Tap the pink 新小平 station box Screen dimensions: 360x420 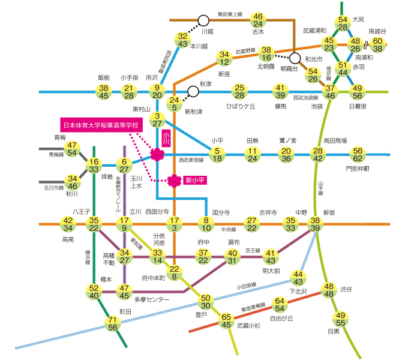[x=194, y=179]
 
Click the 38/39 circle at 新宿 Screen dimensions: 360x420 [x=316, y=224]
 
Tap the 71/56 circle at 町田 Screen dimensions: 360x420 [x=112, y=323]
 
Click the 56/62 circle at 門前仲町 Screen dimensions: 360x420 [x=358, y=155]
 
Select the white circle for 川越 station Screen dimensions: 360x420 [x=203, y=20]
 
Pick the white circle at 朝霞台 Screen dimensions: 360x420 [x=295, y=59]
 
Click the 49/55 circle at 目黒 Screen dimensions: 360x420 [x=341, y=319]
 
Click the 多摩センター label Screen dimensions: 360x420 [x=152, y=299]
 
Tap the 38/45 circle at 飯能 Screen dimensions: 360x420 [x=104, y=92]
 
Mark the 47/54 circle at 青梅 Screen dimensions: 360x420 [x=72, y=149]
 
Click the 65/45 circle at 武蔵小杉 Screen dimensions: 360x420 [x=227, y=321]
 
